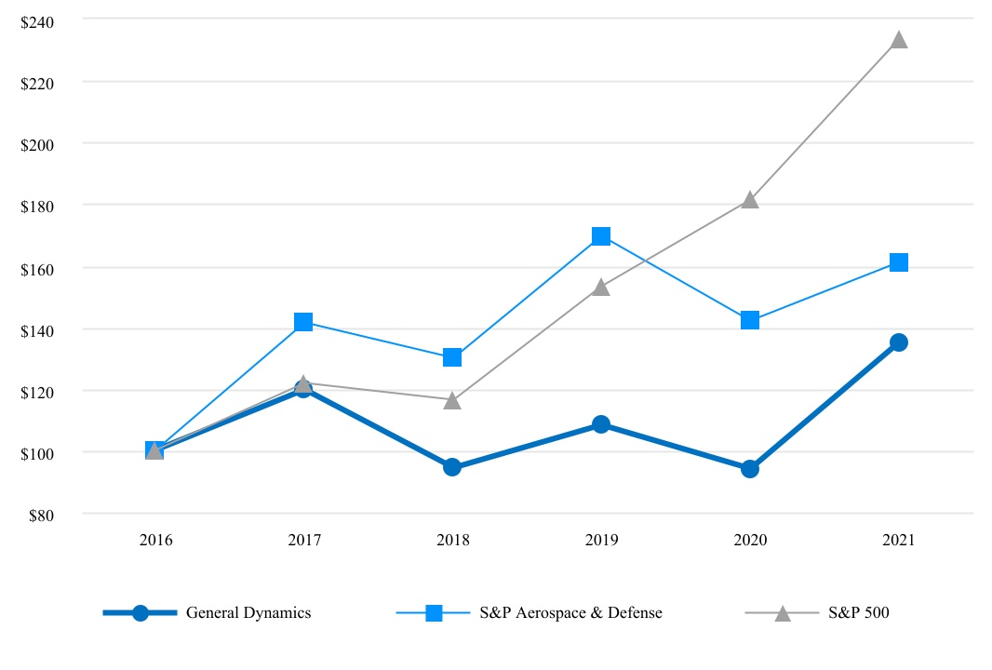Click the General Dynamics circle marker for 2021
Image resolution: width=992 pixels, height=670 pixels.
[x=899, y=342]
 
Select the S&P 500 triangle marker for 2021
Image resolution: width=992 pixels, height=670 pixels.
[x=899, y=40]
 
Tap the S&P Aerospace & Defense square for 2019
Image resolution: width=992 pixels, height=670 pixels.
[x=601, y=236]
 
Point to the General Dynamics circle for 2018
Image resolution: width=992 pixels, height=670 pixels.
[x=452, y=467]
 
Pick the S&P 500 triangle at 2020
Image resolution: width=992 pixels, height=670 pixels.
[x=750, y=200]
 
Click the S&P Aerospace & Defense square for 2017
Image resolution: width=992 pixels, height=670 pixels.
[x=303, y=322]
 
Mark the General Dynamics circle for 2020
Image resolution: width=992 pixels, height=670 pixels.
[x=750, y=469]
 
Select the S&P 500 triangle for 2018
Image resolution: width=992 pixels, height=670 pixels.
[x=452, y=400]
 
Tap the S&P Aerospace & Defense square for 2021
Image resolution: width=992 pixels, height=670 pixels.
[x=899, y=262]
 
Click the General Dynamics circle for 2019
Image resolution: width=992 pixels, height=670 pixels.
[x=601, y=424]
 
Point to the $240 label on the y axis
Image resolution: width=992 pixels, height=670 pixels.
[x=38, y=21]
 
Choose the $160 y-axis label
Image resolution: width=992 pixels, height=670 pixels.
[x=38, y=268]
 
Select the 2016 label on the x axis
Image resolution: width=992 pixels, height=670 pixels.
[x=154, y=541]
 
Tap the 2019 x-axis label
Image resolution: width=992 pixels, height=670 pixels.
[x=601, y=541]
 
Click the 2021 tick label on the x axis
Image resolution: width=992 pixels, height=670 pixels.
[x=899, y=541]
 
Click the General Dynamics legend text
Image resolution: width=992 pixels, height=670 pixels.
[x=248, y=613]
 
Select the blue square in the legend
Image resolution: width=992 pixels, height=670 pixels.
[x=434, y=613]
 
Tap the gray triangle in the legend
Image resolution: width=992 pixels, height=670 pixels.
[x=783, y=613]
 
